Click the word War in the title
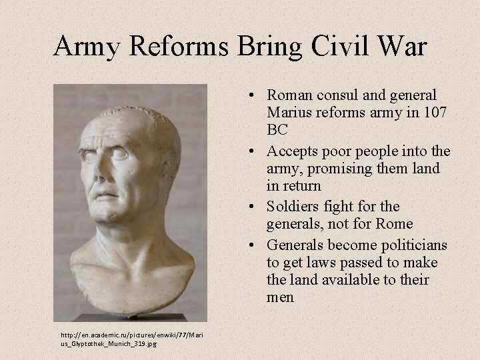[x=402, y=46]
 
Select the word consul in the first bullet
[x=337, y=95]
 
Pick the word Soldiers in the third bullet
[x=294, y=207]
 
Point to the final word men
[x=280, y=297]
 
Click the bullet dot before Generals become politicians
[x=257, y=245]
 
